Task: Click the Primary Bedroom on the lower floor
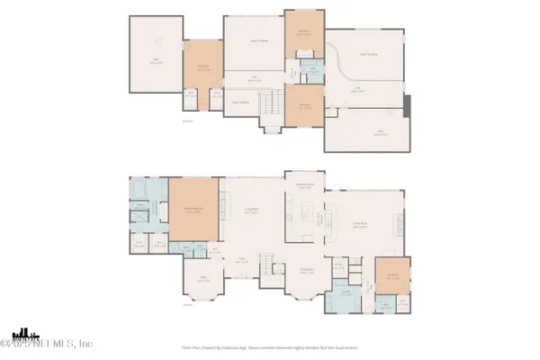(x=193, y=211)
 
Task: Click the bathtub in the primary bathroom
(x=142, y=193)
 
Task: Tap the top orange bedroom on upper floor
(x=301, y=35)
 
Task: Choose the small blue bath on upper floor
(x=310, y=71)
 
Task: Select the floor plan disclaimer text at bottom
(x=270, y=346)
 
